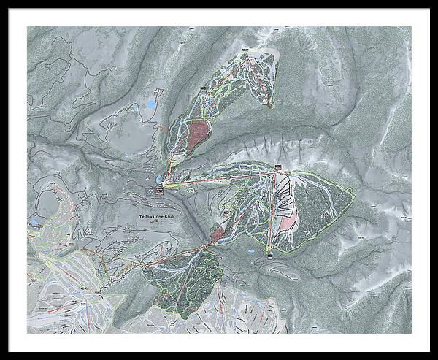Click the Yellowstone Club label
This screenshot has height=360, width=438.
[159, 217]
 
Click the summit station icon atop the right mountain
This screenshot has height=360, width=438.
[277, 169]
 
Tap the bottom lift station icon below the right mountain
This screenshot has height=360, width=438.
[269, 253]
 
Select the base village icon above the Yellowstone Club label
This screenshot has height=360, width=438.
[159, 191]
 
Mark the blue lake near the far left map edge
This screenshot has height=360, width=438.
[34, 218]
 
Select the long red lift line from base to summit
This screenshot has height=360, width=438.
[219, 178]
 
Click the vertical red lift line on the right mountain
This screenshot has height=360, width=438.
[274, 212]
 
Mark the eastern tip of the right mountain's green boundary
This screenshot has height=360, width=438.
[355, 196]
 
